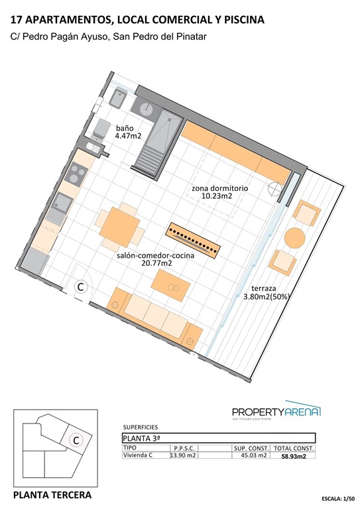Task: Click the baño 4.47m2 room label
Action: click(127, 131)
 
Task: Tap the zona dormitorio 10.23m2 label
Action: click(219, 192)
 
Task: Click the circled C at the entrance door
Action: click(80, 287)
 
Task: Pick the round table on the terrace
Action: click(295, 237)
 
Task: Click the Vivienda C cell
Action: click(138, 455)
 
